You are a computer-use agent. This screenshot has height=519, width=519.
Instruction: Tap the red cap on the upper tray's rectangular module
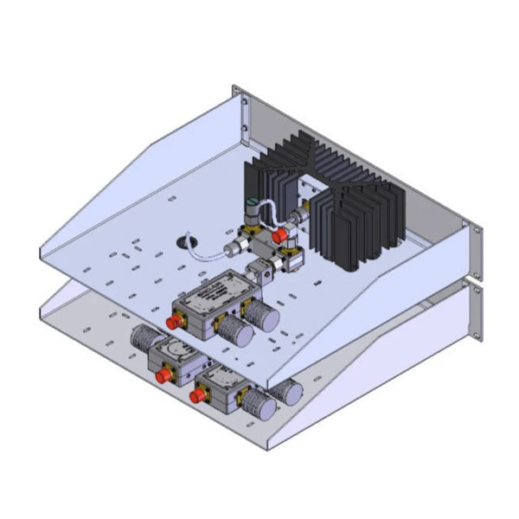(x=175, y=322)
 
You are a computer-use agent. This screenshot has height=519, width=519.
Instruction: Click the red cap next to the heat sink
(x=279, y=235)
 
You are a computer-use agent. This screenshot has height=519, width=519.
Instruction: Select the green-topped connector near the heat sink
(x=251, y=208)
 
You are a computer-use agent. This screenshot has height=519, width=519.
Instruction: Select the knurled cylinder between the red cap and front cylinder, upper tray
(x=231, y=330)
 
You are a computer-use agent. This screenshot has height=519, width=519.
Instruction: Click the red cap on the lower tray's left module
(x=162, y=377)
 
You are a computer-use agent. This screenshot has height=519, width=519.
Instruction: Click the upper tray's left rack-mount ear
(x=240, y=109)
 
